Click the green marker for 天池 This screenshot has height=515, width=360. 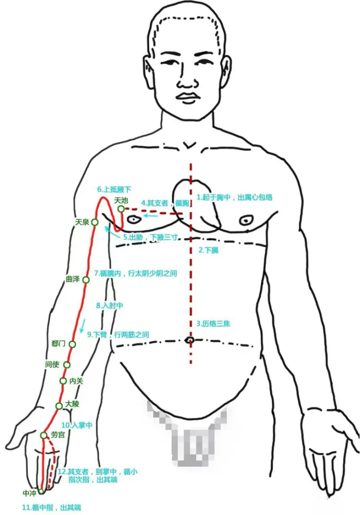click(121, 209)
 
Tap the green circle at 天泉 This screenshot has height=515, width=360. click(95, 222)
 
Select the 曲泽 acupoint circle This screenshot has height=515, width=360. click(86, 280)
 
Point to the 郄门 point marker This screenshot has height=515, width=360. click(72, 344)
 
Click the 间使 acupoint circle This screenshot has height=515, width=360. click(67, 365)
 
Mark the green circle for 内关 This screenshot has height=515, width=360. click(63, 381)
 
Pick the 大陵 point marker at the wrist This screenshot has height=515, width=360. click(59, 406)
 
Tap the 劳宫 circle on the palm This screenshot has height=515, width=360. click(44, 435)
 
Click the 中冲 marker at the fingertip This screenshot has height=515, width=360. click(41, 492)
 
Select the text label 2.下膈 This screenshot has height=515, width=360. click(208, 250)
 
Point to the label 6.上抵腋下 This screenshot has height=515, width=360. click(114, 189)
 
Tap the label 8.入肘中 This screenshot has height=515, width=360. click(110, 306)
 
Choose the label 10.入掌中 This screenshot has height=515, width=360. click(77, 425)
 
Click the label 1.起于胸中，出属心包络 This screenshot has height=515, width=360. click(234, 197)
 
